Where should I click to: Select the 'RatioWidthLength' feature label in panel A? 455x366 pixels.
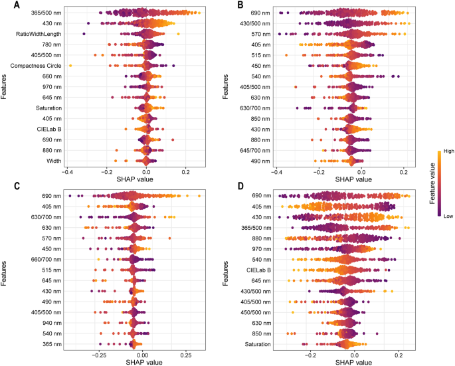tap(36, 34)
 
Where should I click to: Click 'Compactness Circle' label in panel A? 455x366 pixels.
tap(34, 66)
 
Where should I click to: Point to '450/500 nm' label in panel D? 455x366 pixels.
tap(256, 312)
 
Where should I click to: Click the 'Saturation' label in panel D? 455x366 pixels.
tap(258, 344)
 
